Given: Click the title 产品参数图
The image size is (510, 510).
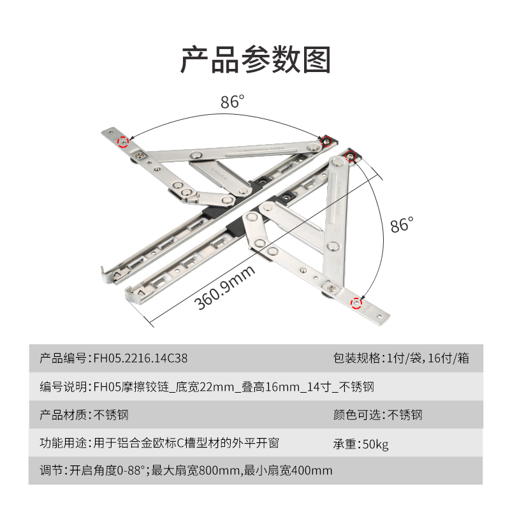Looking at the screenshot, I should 255,60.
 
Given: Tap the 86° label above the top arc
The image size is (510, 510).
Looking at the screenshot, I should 233,102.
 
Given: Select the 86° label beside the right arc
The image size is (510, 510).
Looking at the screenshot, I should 402,225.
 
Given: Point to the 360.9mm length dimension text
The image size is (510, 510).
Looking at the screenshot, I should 225,288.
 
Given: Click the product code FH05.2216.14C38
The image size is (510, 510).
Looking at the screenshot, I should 141,358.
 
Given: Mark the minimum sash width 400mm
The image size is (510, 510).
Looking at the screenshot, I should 311,472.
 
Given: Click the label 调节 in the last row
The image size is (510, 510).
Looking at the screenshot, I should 51,472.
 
